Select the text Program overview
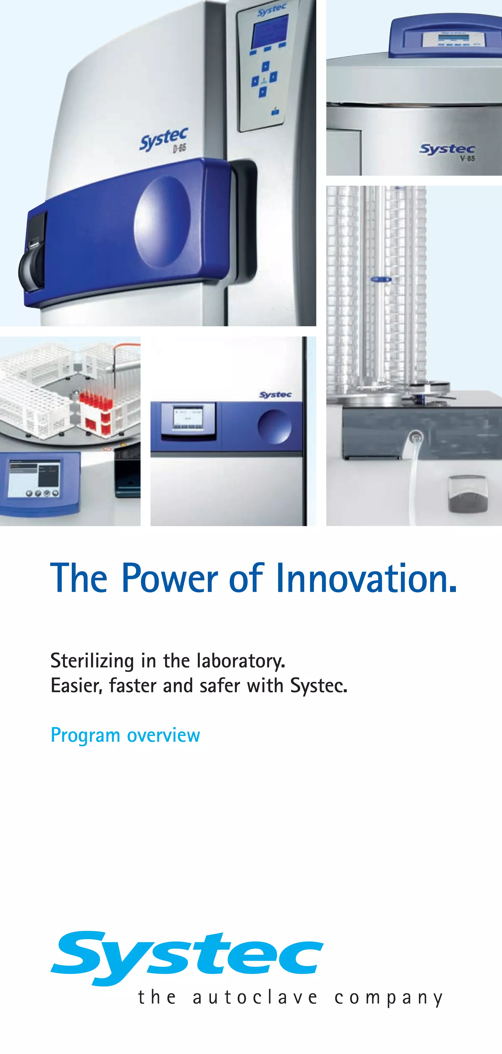pyautogui.click(x=125, y=735)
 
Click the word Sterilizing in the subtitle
pyautogui.click(x=92, y=660)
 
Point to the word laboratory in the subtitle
pyautogui.click(x=240, y=660)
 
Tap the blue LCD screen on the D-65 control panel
pyautogui.click(x=270, y=31)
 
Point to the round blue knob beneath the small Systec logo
pyautogui.click(x=275, y=426)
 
